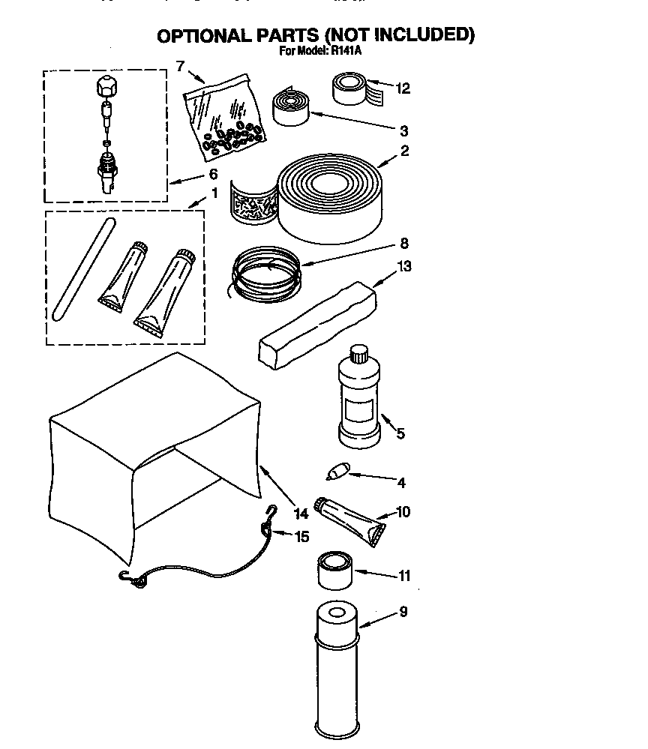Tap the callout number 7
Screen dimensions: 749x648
point(180,66)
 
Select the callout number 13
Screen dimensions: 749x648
point(406,266)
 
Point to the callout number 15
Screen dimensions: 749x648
point(301,537)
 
